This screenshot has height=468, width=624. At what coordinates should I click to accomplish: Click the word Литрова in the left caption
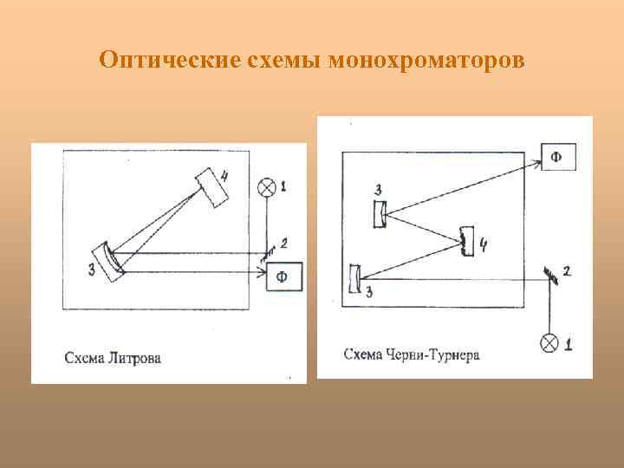coord(136,357)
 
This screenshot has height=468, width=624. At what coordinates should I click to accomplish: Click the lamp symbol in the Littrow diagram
coord(267,186)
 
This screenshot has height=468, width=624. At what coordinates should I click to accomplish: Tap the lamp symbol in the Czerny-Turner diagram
coord(549,342)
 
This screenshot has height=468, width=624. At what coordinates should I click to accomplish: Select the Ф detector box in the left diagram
coord(283,276)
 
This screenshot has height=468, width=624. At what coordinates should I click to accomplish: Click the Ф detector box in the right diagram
coord(558,157)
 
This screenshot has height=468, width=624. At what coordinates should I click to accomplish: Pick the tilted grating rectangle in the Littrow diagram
coord(211,186)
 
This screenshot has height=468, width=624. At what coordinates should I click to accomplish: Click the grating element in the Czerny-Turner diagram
coord(469,242)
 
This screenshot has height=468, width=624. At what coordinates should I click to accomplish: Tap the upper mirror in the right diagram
coord(380,213)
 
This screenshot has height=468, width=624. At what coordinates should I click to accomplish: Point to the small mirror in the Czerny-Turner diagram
coord(549,275)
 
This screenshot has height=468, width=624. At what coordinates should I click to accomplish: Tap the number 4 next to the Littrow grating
coord(225,178)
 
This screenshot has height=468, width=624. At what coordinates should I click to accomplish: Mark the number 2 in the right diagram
coord(566,272)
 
